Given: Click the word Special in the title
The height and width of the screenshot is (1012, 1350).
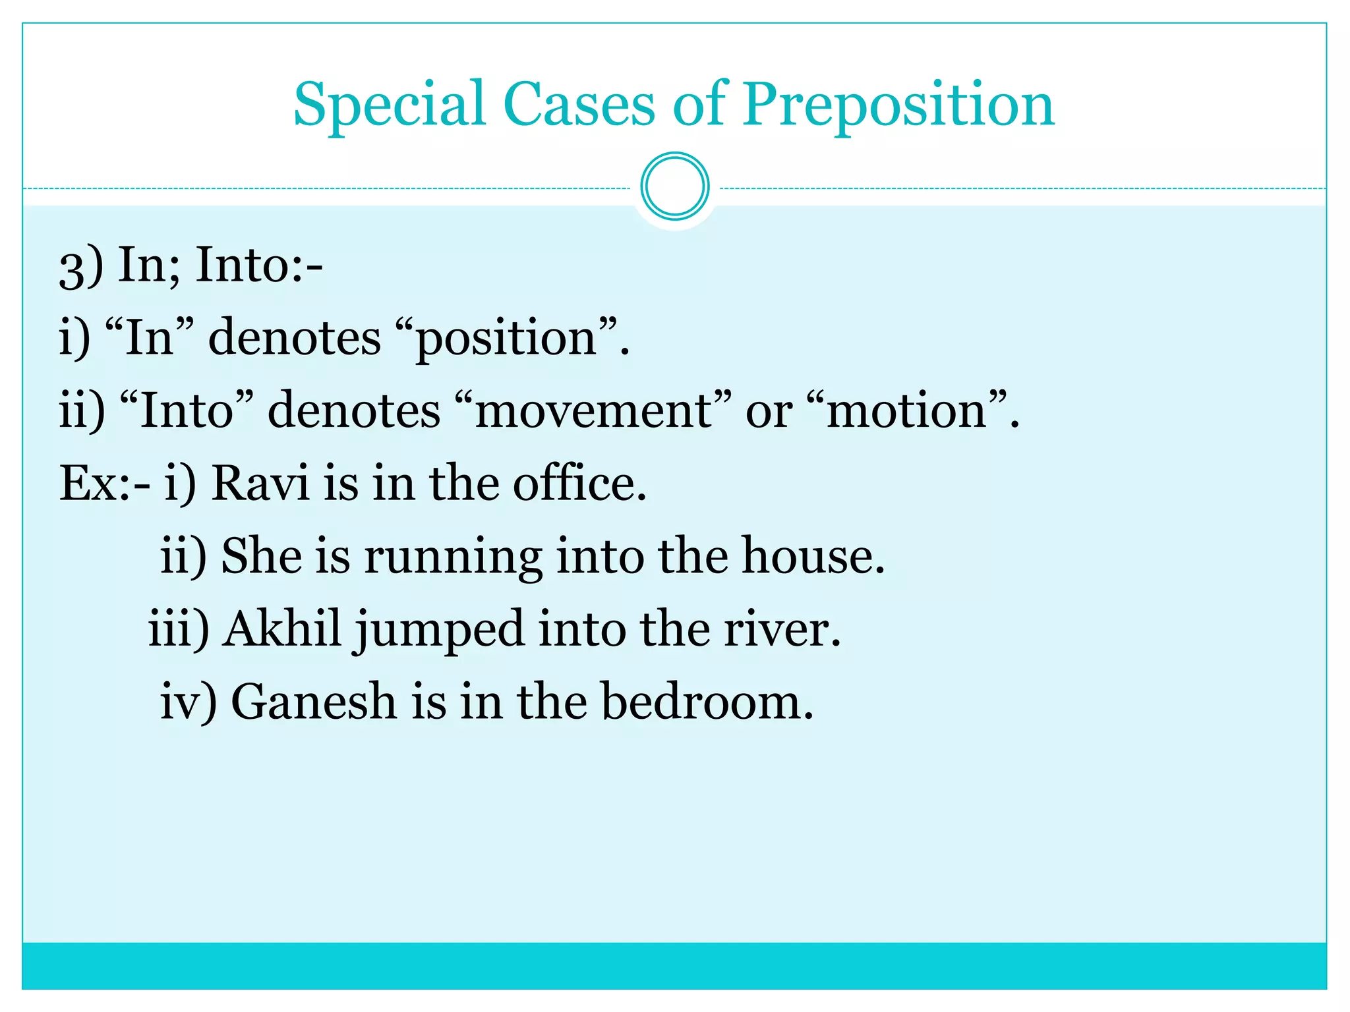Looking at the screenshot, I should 389,105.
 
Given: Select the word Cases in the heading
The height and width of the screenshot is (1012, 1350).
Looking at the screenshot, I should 579,105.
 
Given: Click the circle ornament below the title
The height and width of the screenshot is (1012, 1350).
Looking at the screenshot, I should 674,186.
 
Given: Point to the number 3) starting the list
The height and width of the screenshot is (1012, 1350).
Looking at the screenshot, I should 81,266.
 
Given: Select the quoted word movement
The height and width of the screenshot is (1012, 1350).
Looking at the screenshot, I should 593,411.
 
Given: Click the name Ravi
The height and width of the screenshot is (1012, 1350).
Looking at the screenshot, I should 260,484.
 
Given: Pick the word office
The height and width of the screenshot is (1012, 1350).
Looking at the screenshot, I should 578,484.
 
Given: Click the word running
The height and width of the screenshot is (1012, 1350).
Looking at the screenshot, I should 453,557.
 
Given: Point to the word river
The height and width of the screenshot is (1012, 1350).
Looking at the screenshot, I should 782,629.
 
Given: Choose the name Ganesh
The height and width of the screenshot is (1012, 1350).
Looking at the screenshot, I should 314,702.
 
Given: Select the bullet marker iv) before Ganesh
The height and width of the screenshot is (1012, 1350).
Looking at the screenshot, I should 188,702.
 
